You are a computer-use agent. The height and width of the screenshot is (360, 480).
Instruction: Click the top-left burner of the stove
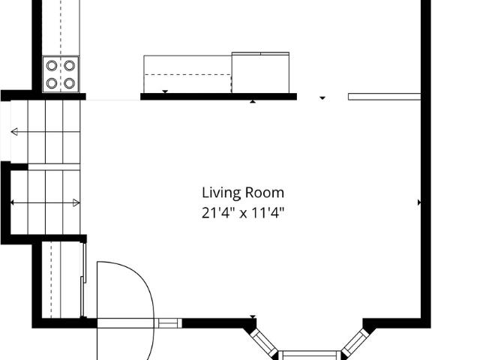52,65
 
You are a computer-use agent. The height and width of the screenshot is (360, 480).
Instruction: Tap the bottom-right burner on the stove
70,83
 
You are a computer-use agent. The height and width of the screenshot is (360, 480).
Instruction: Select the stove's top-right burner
70,65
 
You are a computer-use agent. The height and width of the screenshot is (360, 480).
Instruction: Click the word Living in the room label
221,193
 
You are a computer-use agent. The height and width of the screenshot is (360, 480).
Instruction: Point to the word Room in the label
265,193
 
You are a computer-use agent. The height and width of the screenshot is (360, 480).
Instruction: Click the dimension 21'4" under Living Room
215,212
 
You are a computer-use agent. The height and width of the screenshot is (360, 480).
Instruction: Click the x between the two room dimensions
243,214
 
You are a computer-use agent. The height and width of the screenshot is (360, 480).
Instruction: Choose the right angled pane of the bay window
356,341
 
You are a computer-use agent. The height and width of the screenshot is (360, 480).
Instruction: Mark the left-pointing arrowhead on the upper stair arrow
14,132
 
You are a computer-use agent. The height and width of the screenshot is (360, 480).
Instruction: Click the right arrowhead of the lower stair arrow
76,202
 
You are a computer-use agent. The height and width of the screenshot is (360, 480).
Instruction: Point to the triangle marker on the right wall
419,202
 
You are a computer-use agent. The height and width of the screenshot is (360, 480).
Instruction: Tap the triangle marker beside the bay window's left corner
253,316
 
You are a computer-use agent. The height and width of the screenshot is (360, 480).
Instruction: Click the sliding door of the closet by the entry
83,280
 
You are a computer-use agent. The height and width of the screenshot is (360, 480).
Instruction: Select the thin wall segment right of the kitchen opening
385,97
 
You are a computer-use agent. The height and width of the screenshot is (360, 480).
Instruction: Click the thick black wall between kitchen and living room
218,97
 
